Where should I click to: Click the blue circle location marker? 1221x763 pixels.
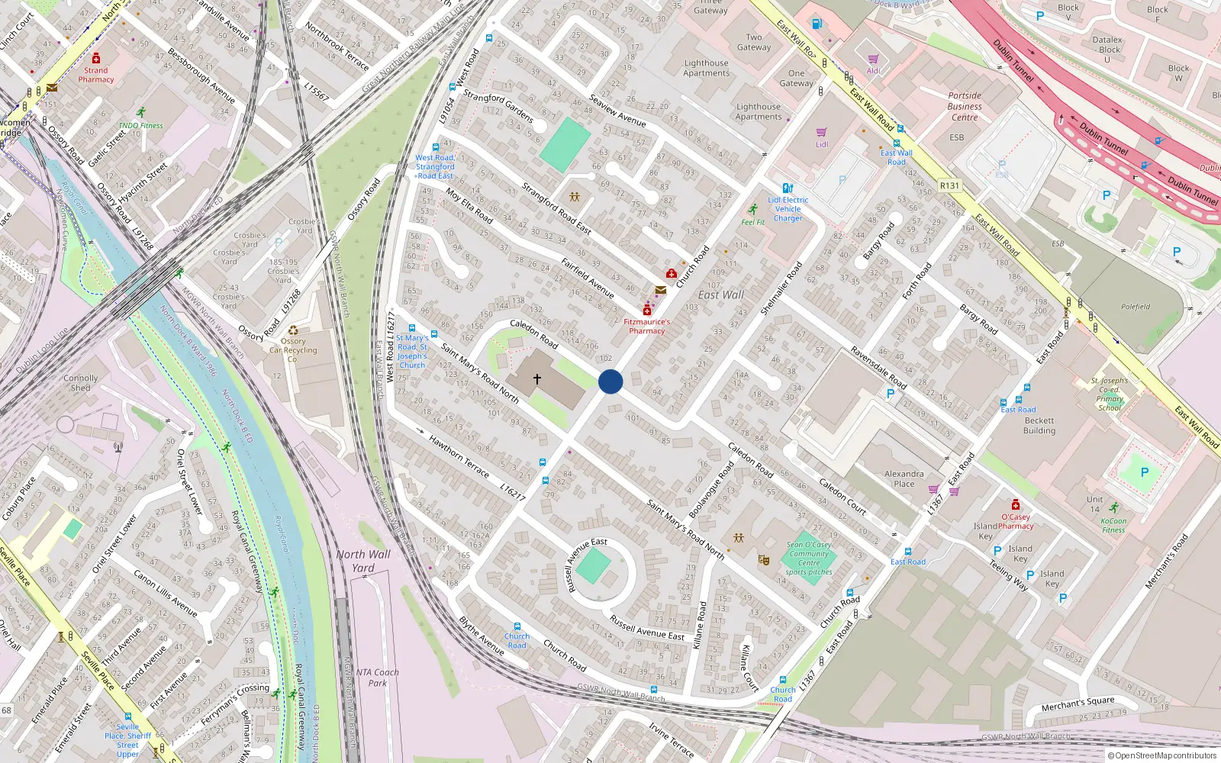click(610, 381)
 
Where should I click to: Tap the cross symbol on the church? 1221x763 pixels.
click(537, 379)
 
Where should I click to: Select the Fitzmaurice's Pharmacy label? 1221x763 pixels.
click(646, 327)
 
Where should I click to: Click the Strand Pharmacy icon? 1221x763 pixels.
click(96, 59)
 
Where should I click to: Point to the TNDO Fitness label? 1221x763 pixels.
click(140, 125)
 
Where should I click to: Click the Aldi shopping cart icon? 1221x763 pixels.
click(873, 60)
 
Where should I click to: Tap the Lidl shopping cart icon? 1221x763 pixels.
click(822, 133)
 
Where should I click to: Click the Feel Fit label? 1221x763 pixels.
click(752, 222)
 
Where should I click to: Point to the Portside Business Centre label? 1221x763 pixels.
click(965, 107)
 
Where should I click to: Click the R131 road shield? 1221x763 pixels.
click(949, 185)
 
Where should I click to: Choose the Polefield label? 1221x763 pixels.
click(1136, 307)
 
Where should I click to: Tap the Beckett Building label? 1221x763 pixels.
click(1039, 426)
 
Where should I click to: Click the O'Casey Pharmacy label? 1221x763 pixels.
click(1016, 521)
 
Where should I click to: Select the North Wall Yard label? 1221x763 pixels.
click(363, 561)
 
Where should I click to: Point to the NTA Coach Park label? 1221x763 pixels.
click(377, 678)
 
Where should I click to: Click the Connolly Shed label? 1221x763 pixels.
click(81, 383)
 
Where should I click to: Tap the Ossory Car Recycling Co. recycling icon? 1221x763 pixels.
click(293, 330)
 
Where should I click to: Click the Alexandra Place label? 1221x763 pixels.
click(904, 478)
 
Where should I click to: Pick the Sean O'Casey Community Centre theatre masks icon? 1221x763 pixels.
click(763, 559)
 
